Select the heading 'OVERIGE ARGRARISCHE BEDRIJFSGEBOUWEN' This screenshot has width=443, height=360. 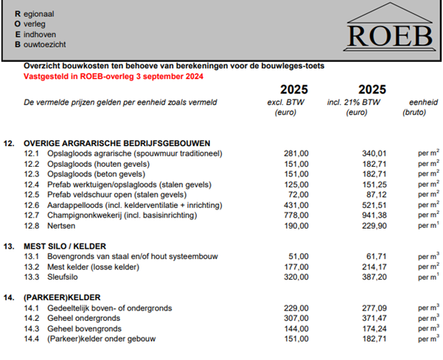point(117,143)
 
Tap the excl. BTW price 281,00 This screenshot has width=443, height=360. point(296,153)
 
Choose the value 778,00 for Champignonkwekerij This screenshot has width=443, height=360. point(296,215)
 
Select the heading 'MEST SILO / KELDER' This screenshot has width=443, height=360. point(65,246)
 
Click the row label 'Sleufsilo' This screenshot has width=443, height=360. point(64,277)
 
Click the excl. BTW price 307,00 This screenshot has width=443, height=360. point(296,318)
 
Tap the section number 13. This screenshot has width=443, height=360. point(10,246)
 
